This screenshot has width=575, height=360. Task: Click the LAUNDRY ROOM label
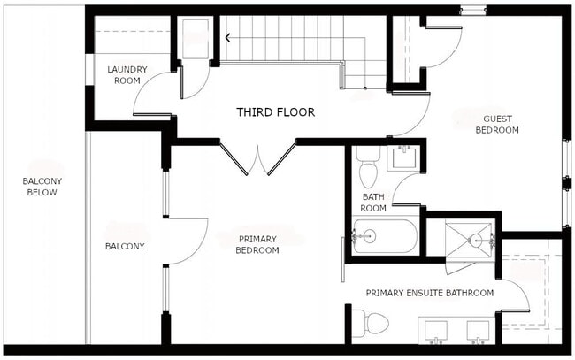tap(125, 74)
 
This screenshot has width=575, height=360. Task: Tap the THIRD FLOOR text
tap(275, 112)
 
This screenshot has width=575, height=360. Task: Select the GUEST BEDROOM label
tap(497, 124)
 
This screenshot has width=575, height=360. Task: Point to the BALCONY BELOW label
tap(42, 186)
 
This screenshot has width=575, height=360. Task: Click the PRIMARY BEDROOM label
tap(258, 244)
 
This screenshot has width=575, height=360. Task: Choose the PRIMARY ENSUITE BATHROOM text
tap(430, 292)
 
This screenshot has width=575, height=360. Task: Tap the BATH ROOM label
tap(373, 202)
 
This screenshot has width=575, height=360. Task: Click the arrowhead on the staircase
tap(229, 38)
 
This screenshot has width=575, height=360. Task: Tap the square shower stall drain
tap(479, 239)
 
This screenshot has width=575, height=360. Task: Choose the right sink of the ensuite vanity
tap(479, 331)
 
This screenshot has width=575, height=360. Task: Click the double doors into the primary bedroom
tap(257, 159)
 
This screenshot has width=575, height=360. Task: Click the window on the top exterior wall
tap(472, 11)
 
